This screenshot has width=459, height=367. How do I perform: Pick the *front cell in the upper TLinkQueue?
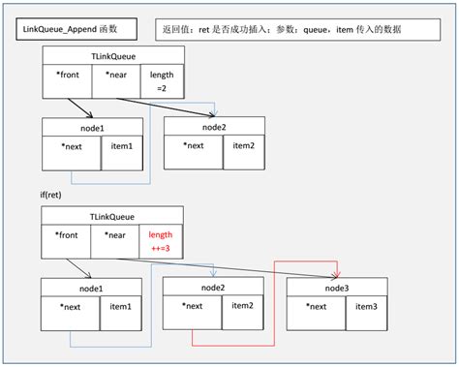67,75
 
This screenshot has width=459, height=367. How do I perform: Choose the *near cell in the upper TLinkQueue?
115,75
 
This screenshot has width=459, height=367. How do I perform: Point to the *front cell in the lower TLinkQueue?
67,234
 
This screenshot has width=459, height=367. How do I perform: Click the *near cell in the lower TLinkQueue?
115,234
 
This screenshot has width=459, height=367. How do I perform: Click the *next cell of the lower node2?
192,306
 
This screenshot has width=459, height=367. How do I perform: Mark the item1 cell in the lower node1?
120,306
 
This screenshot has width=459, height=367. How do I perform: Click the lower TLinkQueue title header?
111,218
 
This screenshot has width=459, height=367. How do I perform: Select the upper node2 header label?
214,126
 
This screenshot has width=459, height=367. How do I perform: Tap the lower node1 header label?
92,288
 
